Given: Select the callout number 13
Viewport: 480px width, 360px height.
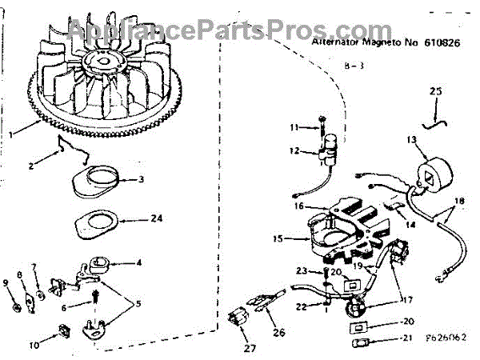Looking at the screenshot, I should click(411, 140).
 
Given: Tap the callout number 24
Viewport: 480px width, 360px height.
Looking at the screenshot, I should click(157, 218).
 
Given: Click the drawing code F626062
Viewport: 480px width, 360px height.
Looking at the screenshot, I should click(447, 338).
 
